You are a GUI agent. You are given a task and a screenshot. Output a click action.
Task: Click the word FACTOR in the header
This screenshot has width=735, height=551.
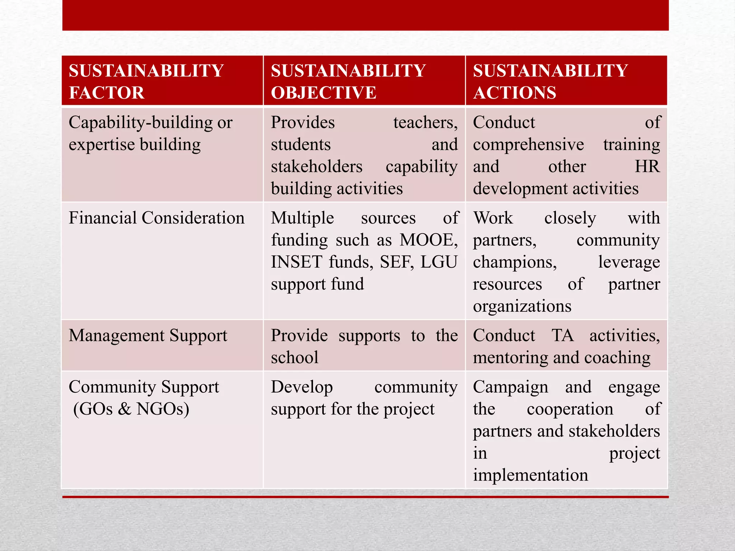(107, 93)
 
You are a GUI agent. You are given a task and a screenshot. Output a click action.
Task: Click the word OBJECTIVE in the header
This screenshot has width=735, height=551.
(323, 93)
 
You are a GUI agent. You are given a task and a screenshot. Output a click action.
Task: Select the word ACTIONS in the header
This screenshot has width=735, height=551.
(515, 93)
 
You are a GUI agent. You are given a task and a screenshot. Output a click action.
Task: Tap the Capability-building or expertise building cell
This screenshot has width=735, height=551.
(151, 133)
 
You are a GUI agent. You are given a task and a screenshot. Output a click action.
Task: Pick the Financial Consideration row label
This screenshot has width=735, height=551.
(156, 218)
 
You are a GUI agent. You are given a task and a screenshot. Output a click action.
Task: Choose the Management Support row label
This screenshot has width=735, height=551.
(148, 336)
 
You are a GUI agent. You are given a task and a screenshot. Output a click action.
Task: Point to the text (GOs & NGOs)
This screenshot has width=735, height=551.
(131, 409)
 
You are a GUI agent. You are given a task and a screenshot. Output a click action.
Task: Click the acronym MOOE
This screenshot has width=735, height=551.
(429, 240)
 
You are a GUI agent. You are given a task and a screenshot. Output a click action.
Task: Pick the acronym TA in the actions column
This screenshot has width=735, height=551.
(562, 336)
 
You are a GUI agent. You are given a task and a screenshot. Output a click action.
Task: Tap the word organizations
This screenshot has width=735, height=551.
(522, 306)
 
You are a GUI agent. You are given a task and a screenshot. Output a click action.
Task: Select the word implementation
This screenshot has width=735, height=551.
(530, 475)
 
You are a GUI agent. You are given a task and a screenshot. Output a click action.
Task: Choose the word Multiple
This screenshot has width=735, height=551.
(302, 218)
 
